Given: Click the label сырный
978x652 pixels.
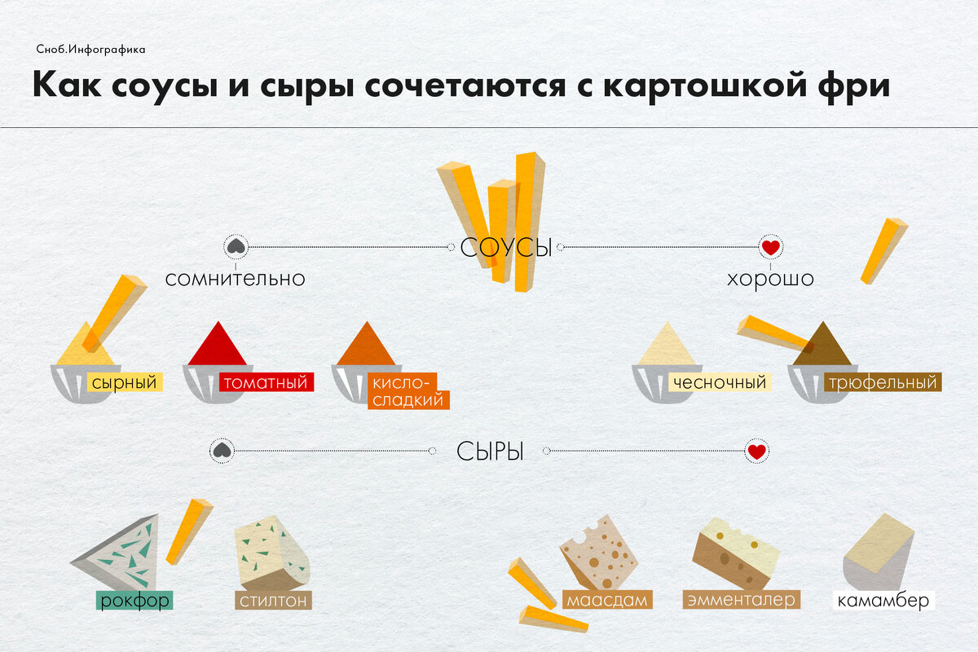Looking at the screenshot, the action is [x=124, y=382].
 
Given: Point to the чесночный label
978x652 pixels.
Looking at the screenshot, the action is [x=720, y=382].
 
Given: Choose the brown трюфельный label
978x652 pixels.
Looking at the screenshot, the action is [x=881, y=382].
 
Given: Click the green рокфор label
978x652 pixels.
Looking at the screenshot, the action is [x=135, y=601].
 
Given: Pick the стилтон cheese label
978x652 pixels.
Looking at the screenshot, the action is [x=273, y=601].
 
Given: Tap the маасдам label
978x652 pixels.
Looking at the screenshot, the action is [x=608, y=601].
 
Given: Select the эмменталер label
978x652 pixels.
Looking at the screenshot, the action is [x=741, y=601].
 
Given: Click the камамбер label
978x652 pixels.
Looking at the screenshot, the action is [x=883, y=601].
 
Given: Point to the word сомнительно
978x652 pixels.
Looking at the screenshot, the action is [x=235, y=279].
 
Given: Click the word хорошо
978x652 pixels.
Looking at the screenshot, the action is [x=770, y=279].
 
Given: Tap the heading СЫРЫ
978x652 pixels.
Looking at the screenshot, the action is [x=489, y=451].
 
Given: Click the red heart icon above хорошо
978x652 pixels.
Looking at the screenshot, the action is [x=770, y=246].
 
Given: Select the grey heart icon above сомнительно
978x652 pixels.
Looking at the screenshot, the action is [x=235, y=246].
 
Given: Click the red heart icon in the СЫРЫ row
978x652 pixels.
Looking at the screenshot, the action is [x=756, y=451].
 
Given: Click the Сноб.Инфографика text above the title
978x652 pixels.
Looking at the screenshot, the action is [x=90, y=50].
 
